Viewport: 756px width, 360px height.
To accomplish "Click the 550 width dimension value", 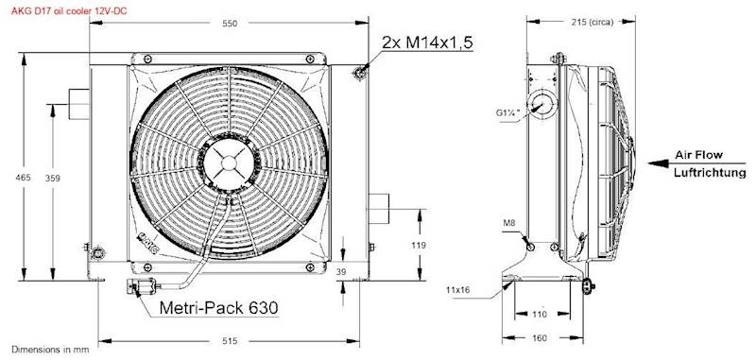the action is [x=230, y=23].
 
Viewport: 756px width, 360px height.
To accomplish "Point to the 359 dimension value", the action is [x=53, y=178].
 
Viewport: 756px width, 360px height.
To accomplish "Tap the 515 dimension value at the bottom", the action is [x=231, y=341].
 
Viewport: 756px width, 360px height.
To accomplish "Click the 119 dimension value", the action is [x=419, y=246].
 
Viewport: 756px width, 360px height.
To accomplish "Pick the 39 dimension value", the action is [x=341, y=272].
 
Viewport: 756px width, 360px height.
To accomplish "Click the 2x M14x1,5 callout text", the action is [x=427, y=43].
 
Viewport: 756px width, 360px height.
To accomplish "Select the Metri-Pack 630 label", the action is [x=219, y=307].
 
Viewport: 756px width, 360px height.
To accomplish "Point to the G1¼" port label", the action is [x=507, y=112].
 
